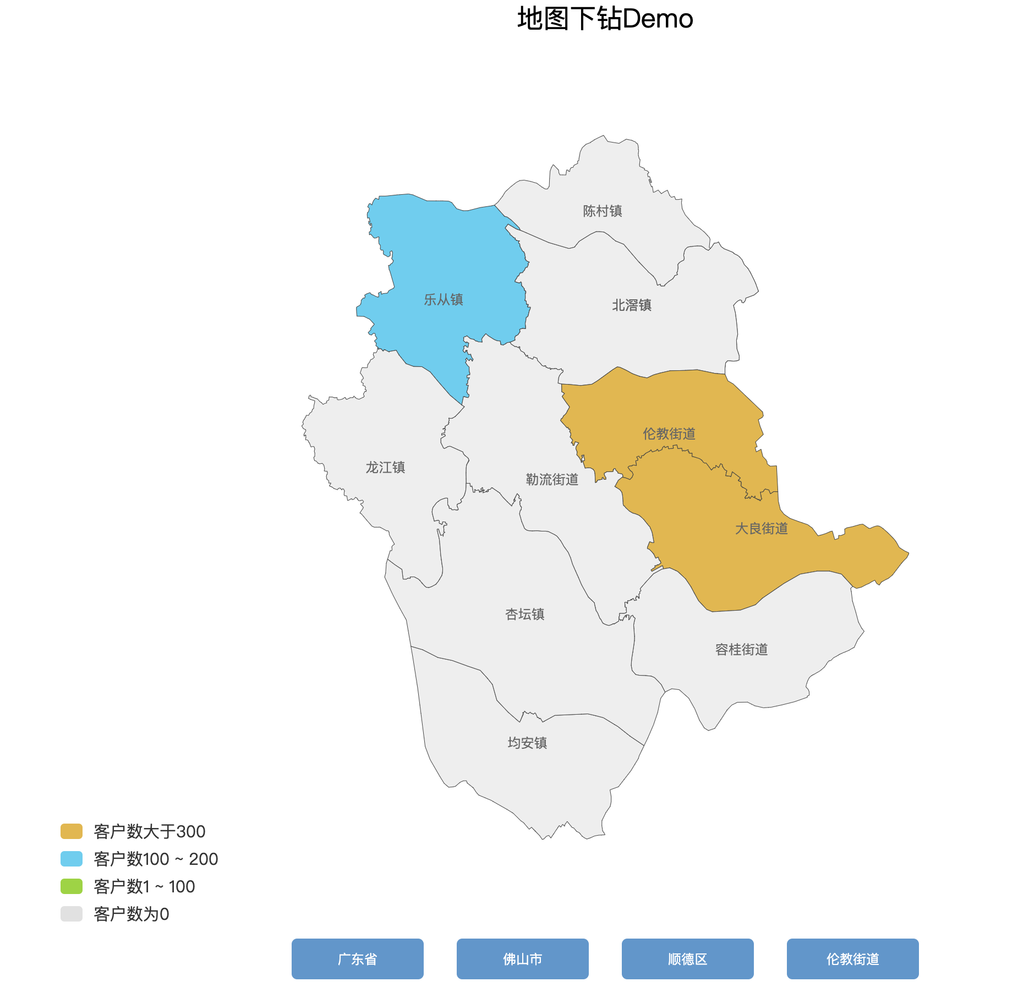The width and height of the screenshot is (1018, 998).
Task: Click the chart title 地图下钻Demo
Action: (605, 19)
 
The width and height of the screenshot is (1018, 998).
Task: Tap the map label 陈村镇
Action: (603, 211)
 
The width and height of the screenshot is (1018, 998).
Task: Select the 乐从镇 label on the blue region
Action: (443, 300)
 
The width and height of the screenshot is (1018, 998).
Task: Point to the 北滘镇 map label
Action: (632, 305)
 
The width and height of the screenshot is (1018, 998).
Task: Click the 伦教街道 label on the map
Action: (669, 434)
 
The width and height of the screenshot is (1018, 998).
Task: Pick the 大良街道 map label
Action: (762, 529)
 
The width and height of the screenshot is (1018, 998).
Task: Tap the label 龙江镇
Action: (385, 468)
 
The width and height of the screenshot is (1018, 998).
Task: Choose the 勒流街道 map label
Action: (552, 480)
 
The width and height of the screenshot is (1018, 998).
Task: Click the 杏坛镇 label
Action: (525, 615)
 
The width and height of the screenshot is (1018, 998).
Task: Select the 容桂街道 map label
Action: (741, 650)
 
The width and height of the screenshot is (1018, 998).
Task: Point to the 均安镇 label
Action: (527, 743)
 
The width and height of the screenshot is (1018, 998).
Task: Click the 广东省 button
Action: (358, 959)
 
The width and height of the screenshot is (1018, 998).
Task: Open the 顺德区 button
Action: (688, 959)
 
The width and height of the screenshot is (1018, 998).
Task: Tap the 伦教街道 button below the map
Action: (853, 959)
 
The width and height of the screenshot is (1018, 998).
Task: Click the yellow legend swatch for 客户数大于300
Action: (72, 831)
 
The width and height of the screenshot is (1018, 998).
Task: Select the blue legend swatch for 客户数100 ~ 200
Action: (72, 859)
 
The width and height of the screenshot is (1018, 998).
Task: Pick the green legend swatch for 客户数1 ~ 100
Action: (72, 886)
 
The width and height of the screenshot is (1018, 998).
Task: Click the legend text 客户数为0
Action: (132, 914)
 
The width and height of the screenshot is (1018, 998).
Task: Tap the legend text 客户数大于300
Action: (150, 831)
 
